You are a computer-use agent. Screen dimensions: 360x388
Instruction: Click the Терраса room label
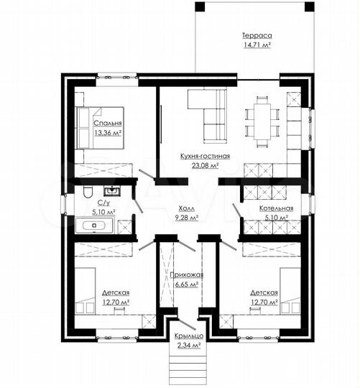pos(257,35)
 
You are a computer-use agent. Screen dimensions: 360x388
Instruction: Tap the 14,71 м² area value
pos(257,45)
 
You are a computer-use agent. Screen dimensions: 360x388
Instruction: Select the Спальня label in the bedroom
pos(108,123)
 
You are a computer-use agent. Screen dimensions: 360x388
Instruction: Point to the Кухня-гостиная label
pos(205,156)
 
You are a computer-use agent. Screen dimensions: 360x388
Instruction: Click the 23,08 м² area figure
pos(205,165)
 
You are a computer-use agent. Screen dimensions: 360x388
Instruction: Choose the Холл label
pos(186,208)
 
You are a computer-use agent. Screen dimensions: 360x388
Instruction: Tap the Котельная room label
pos(276,208)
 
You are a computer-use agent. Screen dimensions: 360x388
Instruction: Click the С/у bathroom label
pos(103,203)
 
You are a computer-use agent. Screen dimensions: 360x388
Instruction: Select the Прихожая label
pos(187,274)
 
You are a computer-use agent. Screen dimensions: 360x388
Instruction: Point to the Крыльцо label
pos(189,336)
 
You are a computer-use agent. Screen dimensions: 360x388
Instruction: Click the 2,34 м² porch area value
pos(189,345)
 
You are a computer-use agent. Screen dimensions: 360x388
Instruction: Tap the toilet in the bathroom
pos(88,192)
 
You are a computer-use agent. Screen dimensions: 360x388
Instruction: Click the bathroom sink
pos(112,191)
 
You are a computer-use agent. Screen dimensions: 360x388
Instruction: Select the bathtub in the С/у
pos(94,226)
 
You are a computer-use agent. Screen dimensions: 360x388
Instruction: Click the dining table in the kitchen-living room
pos(262,122)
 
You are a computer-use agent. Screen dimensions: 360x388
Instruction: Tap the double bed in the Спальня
pos(100,128)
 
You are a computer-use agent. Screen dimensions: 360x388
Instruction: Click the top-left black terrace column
pos(200,6)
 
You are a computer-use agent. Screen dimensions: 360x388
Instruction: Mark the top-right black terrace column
pos(310,6)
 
